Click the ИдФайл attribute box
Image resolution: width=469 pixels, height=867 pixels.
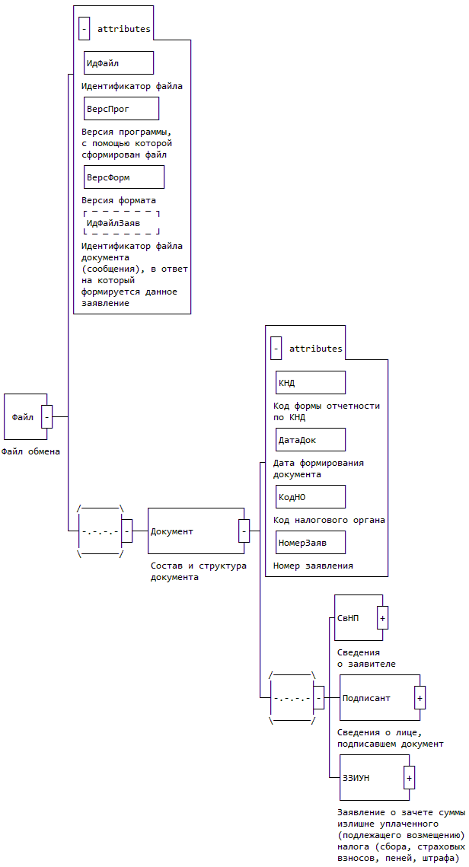[118, 62]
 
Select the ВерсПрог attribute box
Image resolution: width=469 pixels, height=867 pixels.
[121, 108]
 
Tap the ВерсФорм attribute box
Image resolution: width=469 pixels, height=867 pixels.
[124, 177]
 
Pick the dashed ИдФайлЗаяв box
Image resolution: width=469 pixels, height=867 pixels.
[122, 222]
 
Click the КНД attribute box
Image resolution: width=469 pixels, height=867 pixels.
[311, 382]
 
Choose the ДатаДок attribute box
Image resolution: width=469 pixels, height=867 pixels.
[311, 439]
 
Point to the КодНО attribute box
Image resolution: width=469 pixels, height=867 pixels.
[311, 496]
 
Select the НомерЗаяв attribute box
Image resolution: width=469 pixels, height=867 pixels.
[311, 542]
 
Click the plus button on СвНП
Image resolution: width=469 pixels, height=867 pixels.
[383, 618]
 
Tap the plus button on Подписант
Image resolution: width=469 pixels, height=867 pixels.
[420, 697]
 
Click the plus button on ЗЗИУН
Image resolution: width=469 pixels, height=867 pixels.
[409, 778]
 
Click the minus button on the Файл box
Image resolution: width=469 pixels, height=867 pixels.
[46, 416]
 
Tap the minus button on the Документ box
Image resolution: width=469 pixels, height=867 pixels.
[244, 531]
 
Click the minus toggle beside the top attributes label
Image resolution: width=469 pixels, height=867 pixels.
[84, 29]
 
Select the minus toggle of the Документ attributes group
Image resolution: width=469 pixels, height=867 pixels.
[276, 349]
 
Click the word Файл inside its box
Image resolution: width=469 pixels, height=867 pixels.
[22, 417]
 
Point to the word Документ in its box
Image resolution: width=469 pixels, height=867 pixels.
[172, 531]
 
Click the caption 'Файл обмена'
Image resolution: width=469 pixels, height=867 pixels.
[30, 451]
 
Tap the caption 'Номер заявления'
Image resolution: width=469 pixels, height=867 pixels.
[313, 566]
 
